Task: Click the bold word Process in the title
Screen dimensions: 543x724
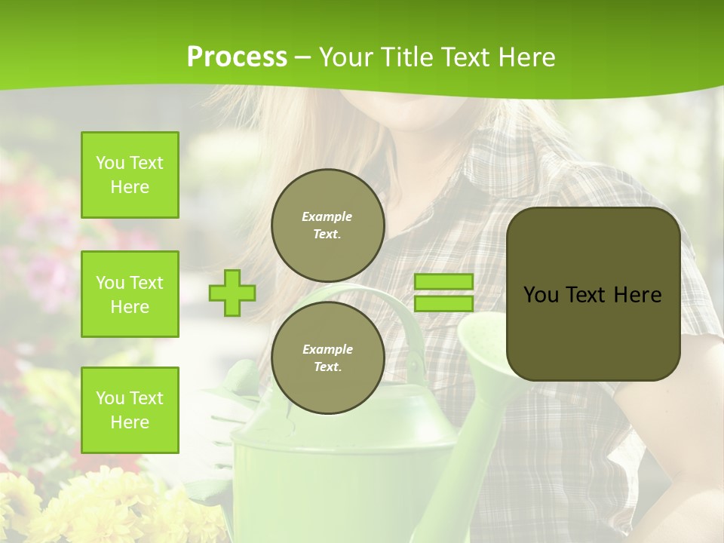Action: [x=237, y=57]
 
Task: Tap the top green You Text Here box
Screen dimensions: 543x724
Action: [x=130, y=175]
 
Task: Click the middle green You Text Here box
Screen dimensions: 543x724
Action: [x=130, y=294]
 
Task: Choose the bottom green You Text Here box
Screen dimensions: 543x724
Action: [x=130, y=410]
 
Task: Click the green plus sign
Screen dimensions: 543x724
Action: [x=232, y=293]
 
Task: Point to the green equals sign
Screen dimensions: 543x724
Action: [x=443, y=293]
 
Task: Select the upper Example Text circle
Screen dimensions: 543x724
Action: [x=327, y=225]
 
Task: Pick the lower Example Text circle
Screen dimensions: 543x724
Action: [x=327, y=358]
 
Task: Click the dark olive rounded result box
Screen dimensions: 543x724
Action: [x=593, y=294]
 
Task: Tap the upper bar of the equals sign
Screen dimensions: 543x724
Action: [x=443, y=282]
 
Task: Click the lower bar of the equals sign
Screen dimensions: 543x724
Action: [x=443, y=303]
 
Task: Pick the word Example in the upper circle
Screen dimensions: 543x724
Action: [x=327, y=217]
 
